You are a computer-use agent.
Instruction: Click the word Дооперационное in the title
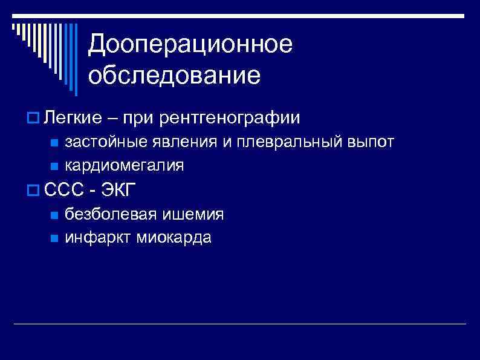190,44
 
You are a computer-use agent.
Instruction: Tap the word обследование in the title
174,76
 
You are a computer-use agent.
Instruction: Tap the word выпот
371,142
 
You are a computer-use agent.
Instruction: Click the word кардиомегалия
125,165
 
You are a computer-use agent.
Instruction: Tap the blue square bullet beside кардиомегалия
54,166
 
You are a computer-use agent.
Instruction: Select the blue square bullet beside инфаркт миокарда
54,238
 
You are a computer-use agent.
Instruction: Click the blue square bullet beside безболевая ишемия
54,215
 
